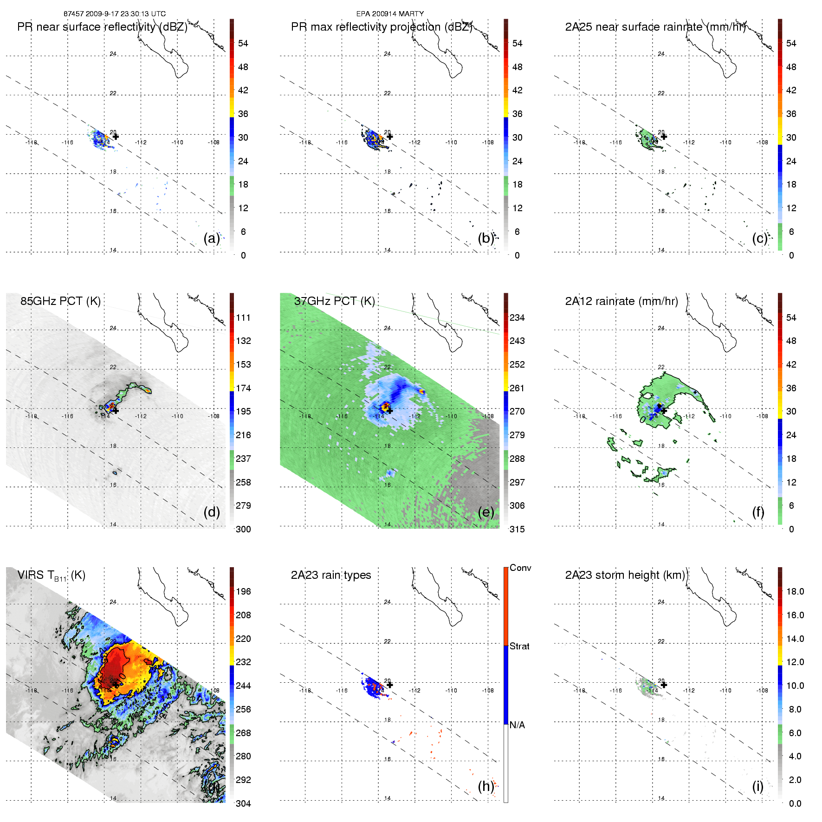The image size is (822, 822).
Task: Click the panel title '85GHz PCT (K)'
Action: click(x=60, y=301)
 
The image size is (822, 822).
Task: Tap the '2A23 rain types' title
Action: click(x=331, y=575)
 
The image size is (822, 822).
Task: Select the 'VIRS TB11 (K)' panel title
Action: click(x=51, y=576)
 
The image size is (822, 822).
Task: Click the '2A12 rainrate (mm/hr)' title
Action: click(x=621, y=301)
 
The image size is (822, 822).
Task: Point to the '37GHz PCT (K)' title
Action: click(x=334, y=301)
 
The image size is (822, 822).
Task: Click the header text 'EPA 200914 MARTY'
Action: click(x=390, y=14)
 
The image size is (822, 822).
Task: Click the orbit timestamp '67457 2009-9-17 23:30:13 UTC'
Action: click(x=115, y=14)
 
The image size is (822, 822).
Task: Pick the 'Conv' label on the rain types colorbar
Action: click(x=520, y=568)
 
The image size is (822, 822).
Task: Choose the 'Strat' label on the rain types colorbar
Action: click(x=519, y=646)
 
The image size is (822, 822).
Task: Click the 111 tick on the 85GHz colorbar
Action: click(x=243, y=317)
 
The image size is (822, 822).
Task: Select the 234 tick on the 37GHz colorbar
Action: click(x=517, y=317)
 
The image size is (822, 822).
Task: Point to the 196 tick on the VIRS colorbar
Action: click(x=243, y=591)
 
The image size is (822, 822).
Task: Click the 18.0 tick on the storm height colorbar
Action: click(x=795, y=591)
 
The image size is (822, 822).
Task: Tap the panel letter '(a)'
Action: click(x=212, y=238)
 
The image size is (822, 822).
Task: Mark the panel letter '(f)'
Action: click(x=758, y=512)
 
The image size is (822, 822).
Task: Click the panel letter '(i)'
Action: click(x=757, y=786)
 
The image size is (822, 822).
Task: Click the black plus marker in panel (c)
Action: click(x=664, y=136)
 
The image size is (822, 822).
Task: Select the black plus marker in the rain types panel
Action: click(x=390, y=685)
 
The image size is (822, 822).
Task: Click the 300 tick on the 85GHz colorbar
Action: click(x=243, y=529)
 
